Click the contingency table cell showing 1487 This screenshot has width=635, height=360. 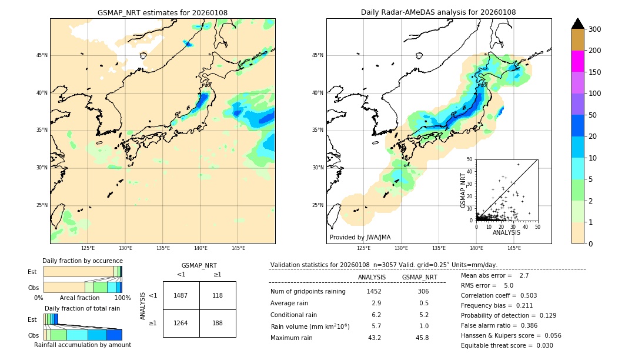pos(181,295)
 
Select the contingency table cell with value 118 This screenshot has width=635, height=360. pos(217,295)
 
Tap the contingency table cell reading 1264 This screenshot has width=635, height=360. pos(181,323)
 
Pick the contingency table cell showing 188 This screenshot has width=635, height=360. pos(217,323)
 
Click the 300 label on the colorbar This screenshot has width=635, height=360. pos(594,29)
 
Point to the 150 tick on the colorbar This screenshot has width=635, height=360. pos(594,72)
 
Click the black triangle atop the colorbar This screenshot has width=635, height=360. pos(578,24)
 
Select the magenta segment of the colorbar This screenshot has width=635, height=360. pos(578,61)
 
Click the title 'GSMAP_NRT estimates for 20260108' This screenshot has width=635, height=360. pos(162,13)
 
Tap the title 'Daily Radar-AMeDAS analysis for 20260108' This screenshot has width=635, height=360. pos(439,13)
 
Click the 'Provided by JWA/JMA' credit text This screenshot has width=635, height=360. pos(360,238)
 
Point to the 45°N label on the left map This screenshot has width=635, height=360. pos(42,55)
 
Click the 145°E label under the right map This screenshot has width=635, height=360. pos(514,248)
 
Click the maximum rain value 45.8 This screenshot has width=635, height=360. pos(423,338)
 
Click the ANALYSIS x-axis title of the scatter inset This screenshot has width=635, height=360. pos(506,232)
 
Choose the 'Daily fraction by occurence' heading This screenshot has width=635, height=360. pos(82,261)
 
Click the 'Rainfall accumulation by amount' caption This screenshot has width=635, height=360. pos(83,345)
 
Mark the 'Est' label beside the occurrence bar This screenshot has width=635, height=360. pos(32,272)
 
